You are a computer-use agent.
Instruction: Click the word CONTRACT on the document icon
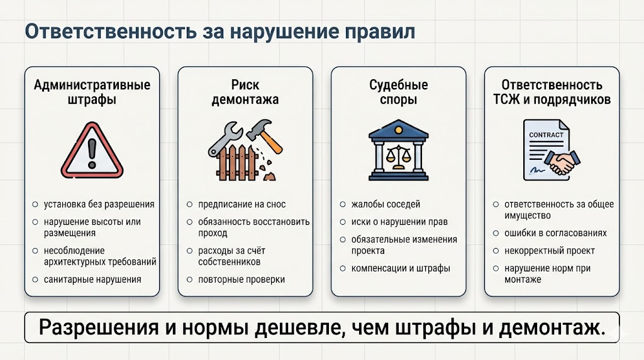click(x=546, y=135)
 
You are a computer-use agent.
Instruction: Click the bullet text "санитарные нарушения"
click(x=92, y=279)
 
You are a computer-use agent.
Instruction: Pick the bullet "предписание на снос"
click(x=242, y=205)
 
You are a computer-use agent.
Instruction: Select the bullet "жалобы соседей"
click(x=386, y=205)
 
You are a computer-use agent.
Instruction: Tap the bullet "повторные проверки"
click(x=241, y=279)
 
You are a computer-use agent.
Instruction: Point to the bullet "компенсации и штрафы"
click(x=401, y=268)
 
